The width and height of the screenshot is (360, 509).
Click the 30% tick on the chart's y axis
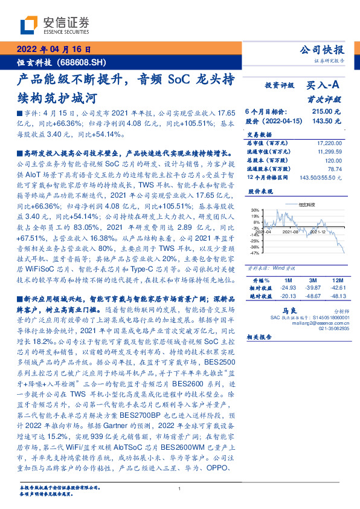click(256, 225)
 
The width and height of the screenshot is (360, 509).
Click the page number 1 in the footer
click(180, 488)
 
